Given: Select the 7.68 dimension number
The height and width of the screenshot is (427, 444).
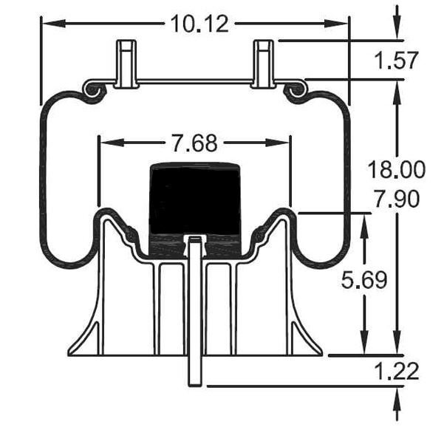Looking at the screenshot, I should pyautogui.click(x=194, y=143).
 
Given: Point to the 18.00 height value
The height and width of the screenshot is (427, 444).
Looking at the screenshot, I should pyautogui.click(x=397, y=170).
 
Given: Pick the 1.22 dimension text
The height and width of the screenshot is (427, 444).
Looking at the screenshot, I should pyautogui.click(x=397, y=371).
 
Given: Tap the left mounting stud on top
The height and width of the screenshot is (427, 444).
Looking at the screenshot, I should pyautogui.click(x=126, y=63).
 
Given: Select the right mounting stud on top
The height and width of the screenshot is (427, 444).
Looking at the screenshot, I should pyautogui.click(x=264, y=63).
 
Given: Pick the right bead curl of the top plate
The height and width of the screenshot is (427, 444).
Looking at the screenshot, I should pyautogui.click(x=295, y=89).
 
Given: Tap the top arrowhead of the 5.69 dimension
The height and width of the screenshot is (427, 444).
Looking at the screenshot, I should pyautogui.click(x=363, y=222).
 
